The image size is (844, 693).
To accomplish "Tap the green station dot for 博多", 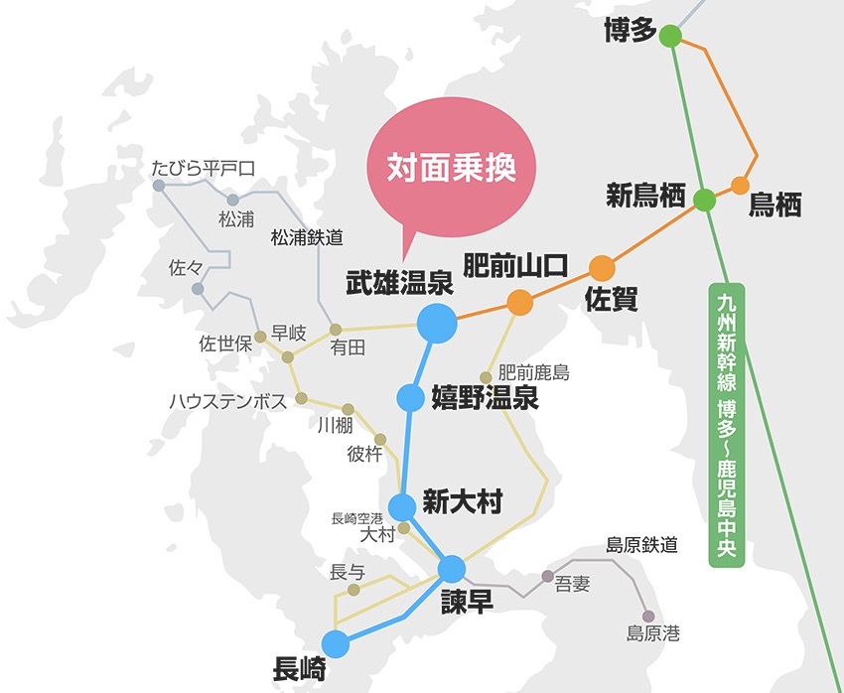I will pos(670,38).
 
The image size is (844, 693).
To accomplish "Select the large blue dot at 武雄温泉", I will pos(436,323).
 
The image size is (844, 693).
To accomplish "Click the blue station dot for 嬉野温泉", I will pos(410,398).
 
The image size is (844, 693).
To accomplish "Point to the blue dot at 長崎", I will pos(336,643).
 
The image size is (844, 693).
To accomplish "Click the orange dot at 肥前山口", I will pos(519,302).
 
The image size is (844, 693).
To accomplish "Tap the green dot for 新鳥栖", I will pos(704,200).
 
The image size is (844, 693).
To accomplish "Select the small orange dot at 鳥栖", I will pos(740,186).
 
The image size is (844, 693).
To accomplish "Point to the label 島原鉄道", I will pos(641,544).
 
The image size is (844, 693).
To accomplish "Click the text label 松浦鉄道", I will pos(307,237).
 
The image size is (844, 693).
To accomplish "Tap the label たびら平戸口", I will pos(204,169).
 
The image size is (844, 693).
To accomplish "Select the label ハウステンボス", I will pos(227,401).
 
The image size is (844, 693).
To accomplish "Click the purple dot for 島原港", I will pos(648,616).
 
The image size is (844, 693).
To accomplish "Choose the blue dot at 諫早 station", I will pos(452,569).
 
